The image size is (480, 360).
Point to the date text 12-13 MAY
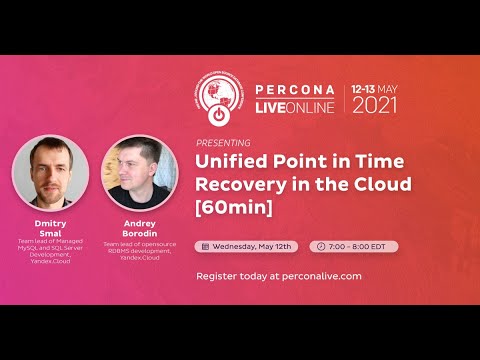373,86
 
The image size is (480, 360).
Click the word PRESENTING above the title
224,142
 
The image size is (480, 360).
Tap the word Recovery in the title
237,186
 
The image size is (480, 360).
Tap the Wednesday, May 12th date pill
248,245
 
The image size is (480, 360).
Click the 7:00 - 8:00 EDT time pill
356,245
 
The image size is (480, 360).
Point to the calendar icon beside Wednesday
206,245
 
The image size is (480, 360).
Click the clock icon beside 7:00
321,245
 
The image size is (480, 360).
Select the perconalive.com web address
315,275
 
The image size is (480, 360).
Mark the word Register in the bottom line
219,275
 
